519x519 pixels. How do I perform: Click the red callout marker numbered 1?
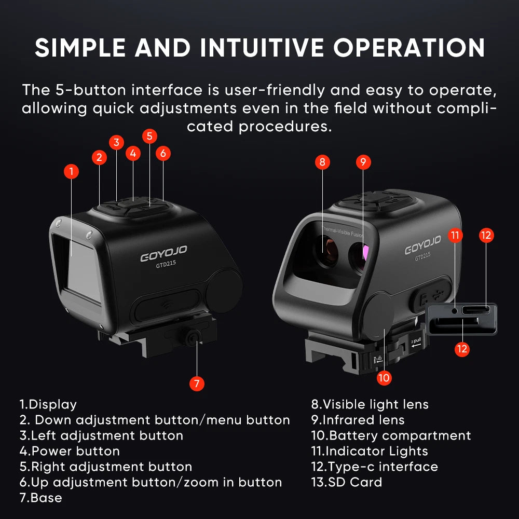[x=71, y=171]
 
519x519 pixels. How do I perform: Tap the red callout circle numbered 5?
[x=149, y=136]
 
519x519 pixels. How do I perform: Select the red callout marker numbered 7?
[x=197, y=384]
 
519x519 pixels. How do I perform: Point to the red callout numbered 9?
[x=363, y=162]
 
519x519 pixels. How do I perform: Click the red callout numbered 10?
[x=384, y=378]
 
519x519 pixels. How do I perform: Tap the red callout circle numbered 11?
[x=455, y=235]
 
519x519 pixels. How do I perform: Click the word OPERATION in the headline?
[x=409, y=48]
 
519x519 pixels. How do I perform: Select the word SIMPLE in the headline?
[x=80, y=48]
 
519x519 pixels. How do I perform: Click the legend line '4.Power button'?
[x=70, y=451]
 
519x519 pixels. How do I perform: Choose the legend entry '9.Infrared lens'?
[x=358, y=420]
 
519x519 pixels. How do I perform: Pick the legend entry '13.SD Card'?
[x=347, y=482]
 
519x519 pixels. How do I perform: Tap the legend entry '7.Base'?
[x=40, y=498]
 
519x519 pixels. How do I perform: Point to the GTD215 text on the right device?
[x=422, y=256]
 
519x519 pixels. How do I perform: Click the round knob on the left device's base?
[x=193, y=337]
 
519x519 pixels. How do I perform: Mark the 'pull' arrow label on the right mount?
[x=416, y=342]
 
